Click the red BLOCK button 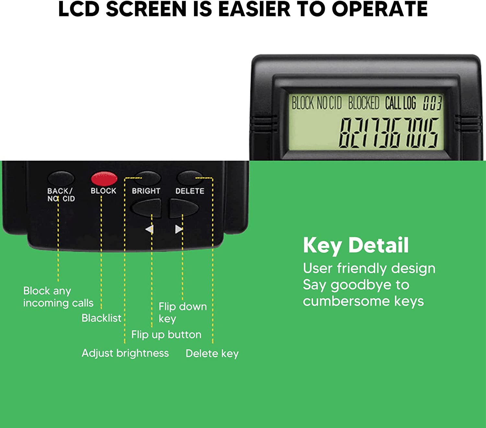[x=104, y=179]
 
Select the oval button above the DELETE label [x=190, y=178]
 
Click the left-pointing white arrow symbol [x=149, y=229]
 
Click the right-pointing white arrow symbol [x=179, y=229]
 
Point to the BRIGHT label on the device [x=146, y=191]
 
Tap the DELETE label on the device [x=190, y=191]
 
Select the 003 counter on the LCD [x=432, y=103]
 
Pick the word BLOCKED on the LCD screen [x=364, y=103]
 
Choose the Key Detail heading [x=356, y=245]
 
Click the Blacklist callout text [x=101, y=318]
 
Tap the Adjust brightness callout [x=125, y=353]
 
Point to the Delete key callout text [x=212, y=353]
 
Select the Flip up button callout [x=166, y=335]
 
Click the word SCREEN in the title [x=146, y=9]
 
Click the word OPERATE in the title [x=380, y=9]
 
